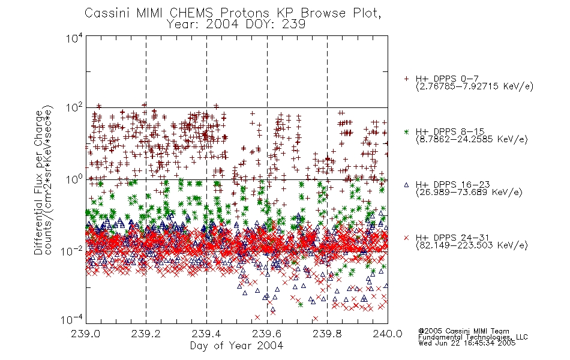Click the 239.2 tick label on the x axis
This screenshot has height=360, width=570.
146,334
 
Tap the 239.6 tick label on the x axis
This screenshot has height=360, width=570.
267,334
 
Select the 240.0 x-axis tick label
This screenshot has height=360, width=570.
388,334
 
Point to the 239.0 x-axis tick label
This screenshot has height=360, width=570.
86,334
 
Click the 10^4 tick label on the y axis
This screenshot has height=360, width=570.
74,38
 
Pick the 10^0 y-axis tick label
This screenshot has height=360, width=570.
74,179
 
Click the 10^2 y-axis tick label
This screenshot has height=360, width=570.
74,108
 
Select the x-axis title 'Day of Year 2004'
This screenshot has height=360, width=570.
236,346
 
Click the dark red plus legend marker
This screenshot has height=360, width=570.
406,79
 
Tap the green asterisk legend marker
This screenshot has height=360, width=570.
406,131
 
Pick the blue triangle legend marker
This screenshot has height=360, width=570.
406,185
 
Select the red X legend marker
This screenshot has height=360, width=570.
406,238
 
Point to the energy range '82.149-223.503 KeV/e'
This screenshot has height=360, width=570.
472,245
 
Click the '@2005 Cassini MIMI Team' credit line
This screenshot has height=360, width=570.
463,331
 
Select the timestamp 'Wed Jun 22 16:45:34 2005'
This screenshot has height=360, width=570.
467,343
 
